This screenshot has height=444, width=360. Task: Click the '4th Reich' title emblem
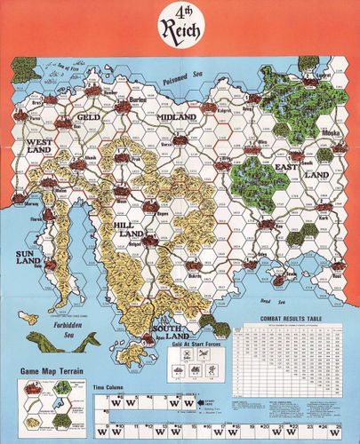pos(180,28)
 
